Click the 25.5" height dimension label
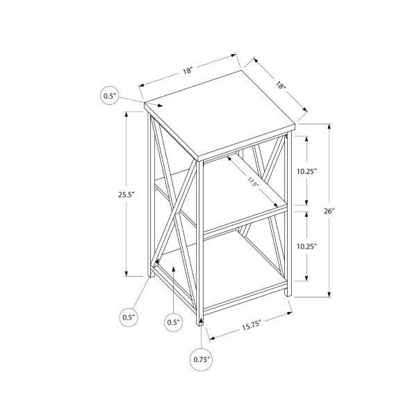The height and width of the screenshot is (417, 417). coord(127,195)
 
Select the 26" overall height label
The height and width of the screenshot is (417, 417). coord(329,211)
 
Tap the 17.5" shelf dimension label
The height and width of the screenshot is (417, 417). coord(253,183)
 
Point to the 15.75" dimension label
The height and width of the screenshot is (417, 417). coord(252,326)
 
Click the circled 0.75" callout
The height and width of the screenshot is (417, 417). coord(202,360)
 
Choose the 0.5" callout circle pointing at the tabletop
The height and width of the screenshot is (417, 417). coord(110,95)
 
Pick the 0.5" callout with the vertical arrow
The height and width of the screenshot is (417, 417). coord(173,322)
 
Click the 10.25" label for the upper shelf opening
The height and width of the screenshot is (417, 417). coord(307,172)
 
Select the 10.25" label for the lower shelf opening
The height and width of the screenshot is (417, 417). coord(307,246)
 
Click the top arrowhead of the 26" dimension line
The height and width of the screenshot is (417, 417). coord(329,126)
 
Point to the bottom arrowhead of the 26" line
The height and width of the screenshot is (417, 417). coord(329,293)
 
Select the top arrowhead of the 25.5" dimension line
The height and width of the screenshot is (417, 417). coord(126,115)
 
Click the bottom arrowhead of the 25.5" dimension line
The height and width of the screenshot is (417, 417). coord(126,273)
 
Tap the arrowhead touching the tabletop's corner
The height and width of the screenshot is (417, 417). coord(159,106)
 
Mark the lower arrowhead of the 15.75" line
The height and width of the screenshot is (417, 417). coord(212,338)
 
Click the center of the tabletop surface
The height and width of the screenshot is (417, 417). coord(220,113)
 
